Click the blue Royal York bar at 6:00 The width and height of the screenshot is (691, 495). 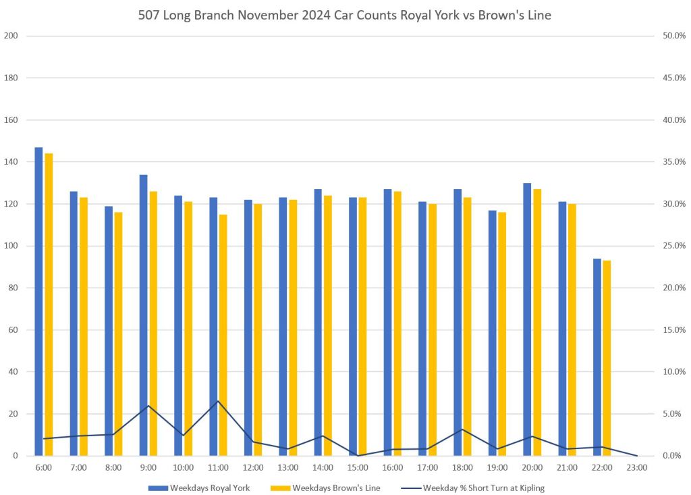pos(38,301)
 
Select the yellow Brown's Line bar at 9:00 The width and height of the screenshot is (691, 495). pos(153,323)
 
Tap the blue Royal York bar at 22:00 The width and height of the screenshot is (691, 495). pos(597,357)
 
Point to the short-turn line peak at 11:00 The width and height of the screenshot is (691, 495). pos(218,401)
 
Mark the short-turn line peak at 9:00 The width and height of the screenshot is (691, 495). pos(148,405)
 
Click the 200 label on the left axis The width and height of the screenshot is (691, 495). pos(10,36)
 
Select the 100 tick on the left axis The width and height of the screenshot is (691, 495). pos(10,246)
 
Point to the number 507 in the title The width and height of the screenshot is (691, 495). pos(150,15)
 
